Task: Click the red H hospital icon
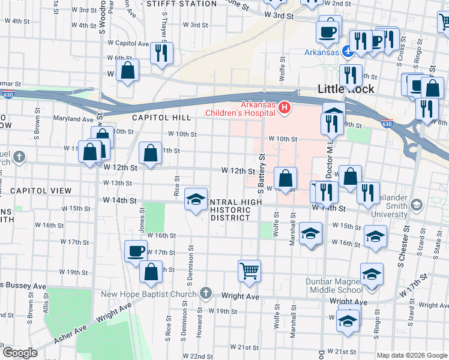click(x=284, y=108)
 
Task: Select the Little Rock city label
click(x=346, y=89)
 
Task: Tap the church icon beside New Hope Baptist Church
click(x=206, y=293)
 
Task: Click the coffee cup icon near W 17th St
click(x=136, y=250)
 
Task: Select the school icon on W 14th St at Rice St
click(x=196, y=200)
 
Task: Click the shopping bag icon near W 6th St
click(x=128, y=70)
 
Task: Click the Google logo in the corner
click(x=20, y=352)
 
